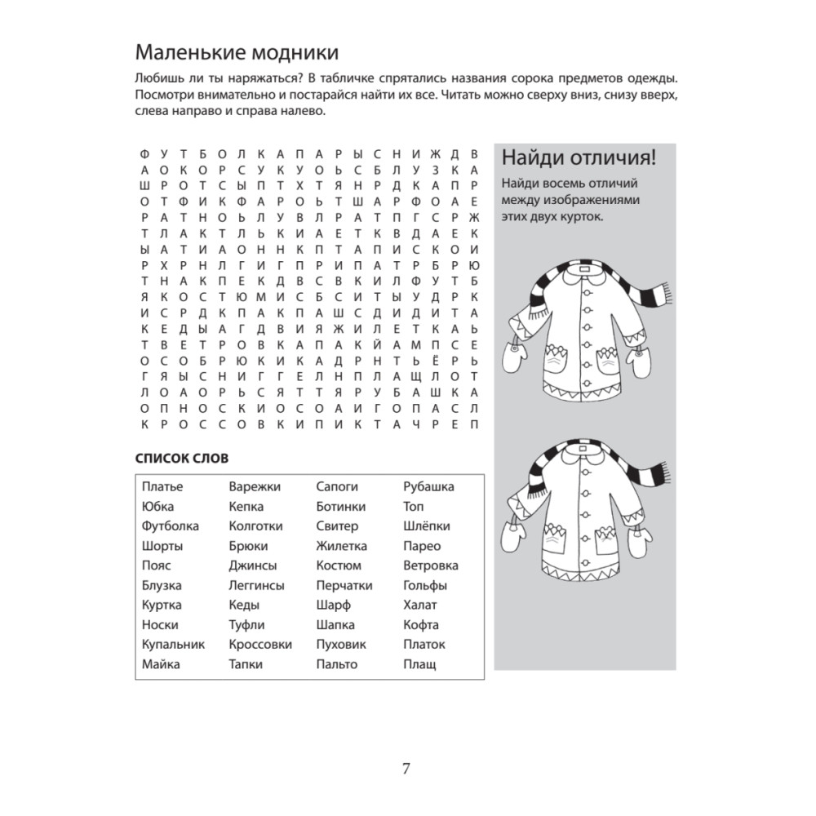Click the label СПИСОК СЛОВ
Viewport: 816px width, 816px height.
tap(182, 458)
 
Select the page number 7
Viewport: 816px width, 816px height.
tap(406, 769)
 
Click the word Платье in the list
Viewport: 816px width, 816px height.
tap(162, 487)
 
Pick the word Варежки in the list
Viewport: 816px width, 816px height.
tap(255, 487)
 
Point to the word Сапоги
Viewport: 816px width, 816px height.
tap(337, 487)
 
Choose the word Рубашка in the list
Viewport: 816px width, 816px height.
tap(428, 487)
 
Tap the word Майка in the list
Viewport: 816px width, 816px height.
tap(161, 664)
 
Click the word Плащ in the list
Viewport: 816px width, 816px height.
tap(419, 664)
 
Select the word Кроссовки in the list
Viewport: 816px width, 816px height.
tap(260, 645)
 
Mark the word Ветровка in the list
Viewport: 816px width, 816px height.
tap(431, 565)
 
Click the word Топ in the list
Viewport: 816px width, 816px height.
tap(414, 507)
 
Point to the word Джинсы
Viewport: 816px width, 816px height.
tap(253, 565)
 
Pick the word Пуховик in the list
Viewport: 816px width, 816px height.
tap(341, 645)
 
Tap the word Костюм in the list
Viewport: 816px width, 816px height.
tap(339, 565)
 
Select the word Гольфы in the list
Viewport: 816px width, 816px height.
tap(425, 586)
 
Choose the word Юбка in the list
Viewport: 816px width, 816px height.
tap(157, 507)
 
